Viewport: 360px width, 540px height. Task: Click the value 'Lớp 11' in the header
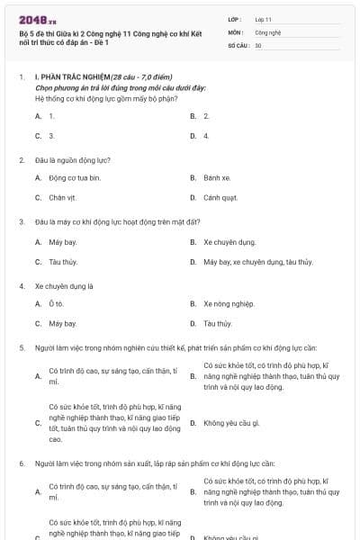pyautogui.click(x=265, y=19)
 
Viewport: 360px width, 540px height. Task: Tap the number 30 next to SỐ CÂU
pyautogui.click(x=258, y=44)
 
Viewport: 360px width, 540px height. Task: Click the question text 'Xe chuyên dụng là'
pyautogui.click(x=64, y=286)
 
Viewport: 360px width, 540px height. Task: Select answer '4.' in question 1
pyautogui.click(x=206, y=136)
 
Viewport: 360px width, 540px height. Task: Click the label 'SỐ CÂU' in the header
pyautogui.click(x=238, y=44)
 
